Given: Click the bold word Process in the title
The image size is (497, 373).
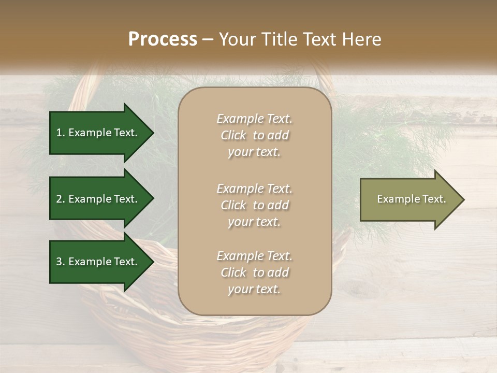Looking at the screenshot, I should (163, 39).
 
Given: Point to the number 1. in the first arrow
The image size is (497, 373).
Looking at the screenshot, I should (61, 133).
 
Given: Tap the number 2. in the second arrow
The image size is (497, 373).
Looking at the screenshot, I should (61, 199).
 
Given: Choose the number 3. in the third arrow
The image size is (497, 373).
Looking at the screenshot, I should (61, 262).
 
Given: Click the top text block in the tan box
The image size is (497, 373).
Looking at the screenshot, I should (254, 135).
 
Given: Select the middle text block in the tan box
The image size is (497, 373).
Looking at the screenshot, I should (254, 205).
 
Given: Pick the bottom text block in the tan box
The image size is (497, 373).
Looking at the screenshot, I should (254, 272).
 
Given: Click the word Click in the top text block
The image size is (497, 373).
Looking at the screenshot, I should (233, 135).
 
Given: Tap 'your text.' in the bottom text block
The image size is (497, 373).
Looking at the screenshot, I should (254, 289).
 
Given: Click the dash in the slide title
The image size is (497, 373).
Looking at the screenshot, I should (208, 39).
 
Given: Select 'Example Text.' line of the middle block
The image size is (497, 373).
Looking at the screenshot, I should (254, 189).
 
